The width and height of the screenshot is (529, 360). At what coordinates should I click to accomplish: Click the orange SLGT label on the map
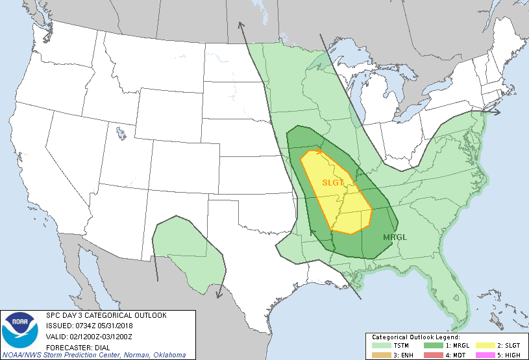(333, 183)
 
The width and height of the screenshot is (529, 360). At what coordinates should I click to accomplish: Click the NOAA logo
(20, 331)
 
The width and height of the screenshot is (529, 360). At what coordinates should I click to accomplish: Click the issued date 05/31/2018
(116, 326)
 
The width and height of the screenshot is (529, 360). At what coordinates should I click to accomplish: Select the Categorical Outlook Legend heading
(415, 337)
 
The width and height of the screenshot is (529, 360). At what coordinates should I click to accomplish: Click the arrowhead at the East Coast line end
(498, 112)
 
